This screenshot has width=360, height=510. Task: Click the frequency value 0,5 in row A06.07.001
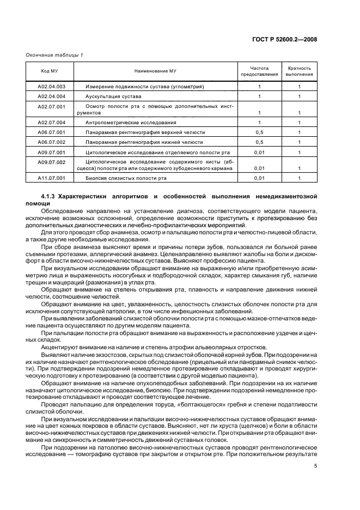(x=259, y=132)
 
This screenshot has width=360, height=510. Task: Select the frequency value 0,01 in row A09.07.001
(x=259, y=152)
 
